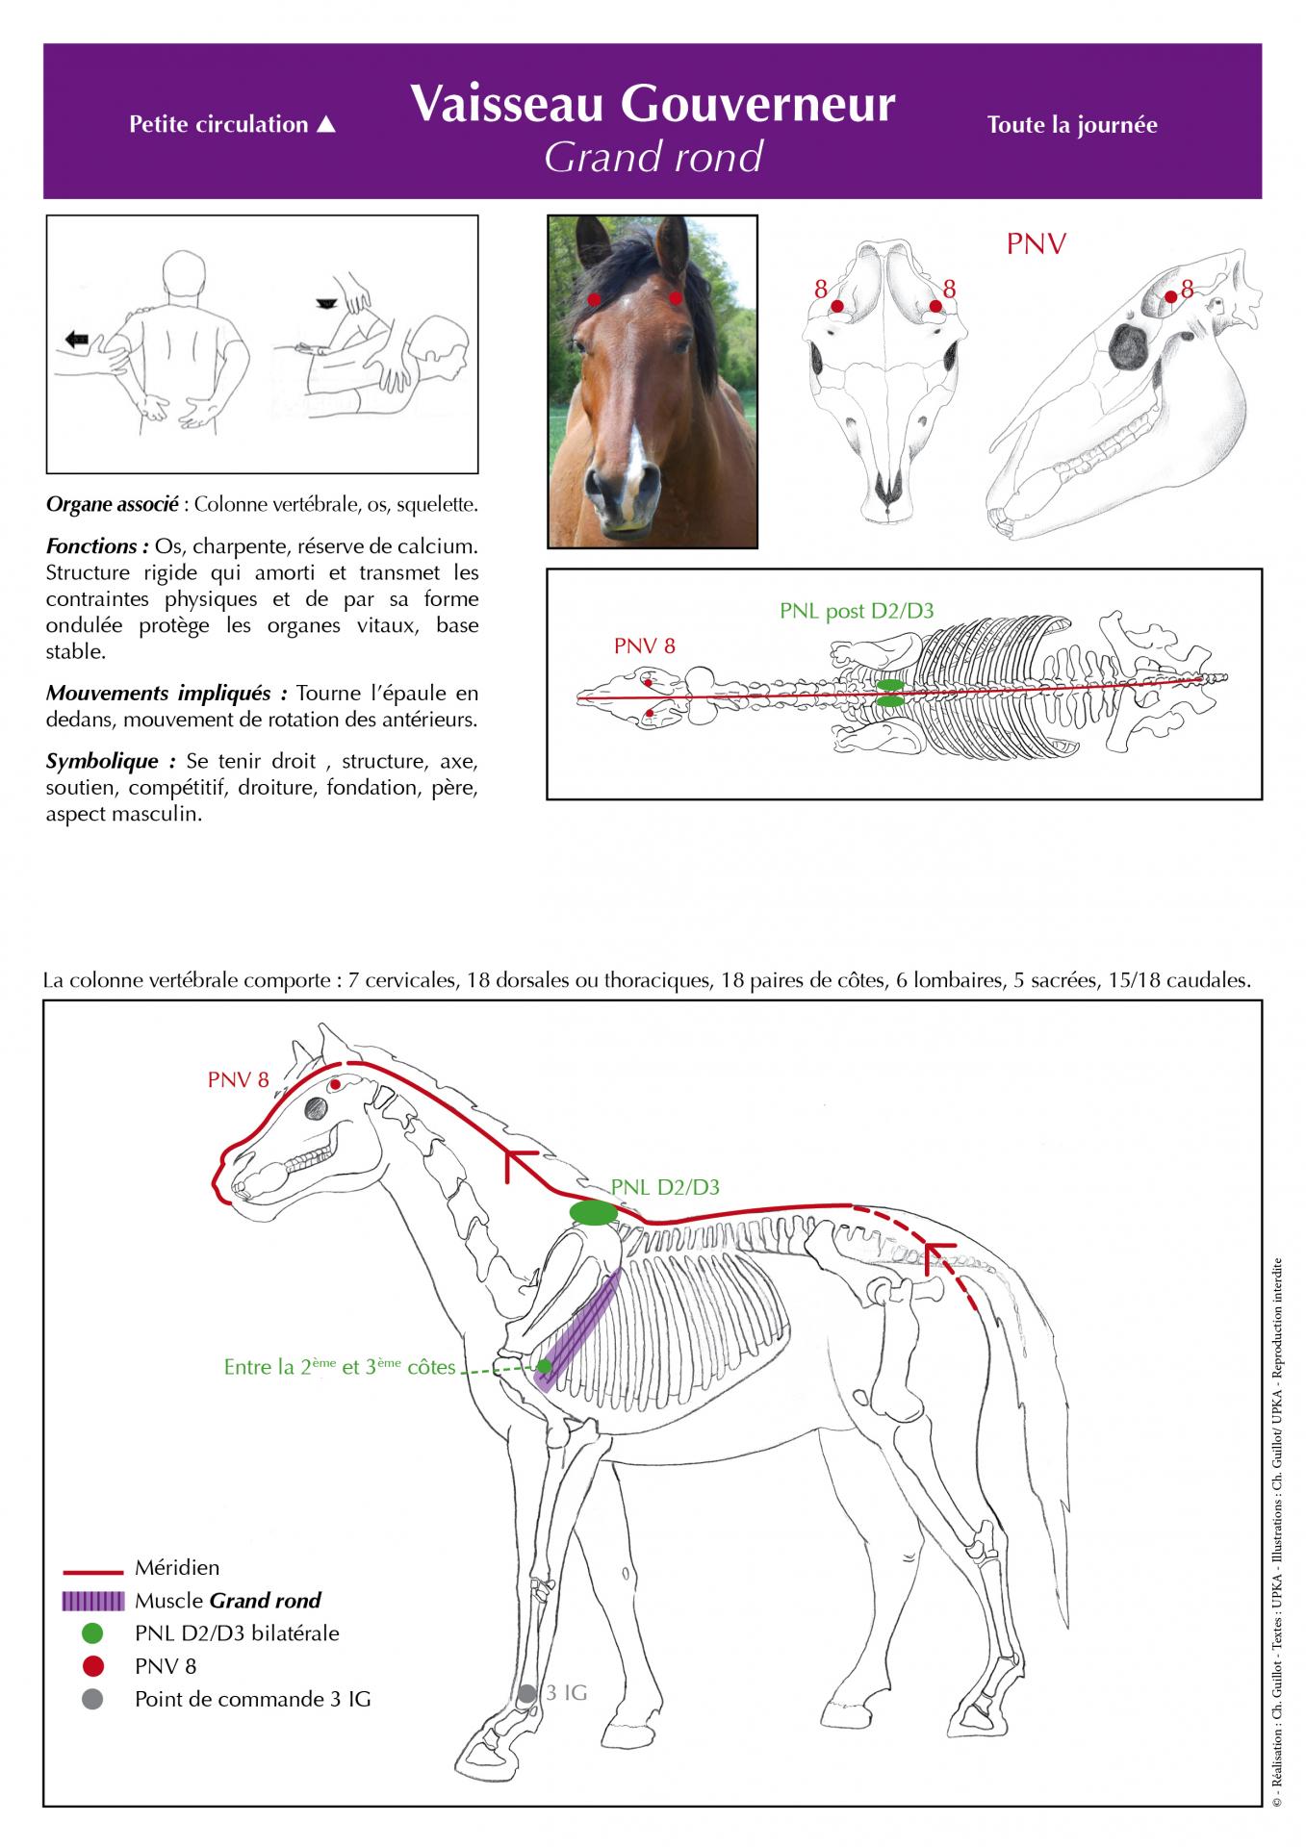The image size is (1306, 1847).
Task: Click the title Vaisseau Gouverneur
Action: click(x=653, y=104)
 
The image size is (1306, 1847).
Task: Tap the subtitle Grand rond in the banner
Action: click(x=653, y=157)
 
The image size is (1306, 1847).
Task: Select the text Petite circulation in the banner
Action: click(x=218, y=124)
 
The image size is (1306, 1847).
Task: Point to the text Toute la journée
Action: click(x=1072, y=125)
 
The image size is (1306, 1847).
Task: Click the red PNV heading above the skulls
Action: click(x=1037, y=244)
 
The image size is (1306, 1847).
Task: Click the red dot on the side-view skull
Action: click(x=1170, y=296)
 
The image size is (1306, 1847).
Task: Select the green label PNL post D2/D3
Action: click(x=857, y=611)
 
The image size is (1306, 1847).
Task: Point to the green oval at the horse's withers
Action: click(x=594, y=1213)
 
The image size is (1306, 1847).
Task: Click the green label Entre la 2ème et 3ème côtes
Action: click(x=340, y=1366)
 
